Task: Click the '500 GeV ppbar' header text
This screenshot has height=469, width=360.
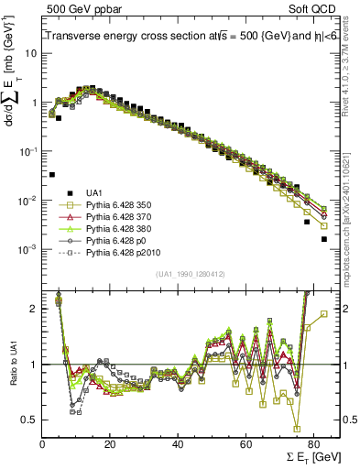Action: pos(76,7)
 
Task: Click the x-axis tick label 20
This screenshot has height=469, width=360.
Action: pos(110,443)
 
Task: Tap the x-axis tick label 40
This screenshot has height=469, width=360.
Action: pos(178,443)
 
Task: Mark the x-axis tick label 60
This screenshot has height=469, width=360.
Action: pos(245,443)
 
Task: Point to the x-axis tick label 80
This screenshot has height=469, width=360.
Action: pos(313,443)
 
